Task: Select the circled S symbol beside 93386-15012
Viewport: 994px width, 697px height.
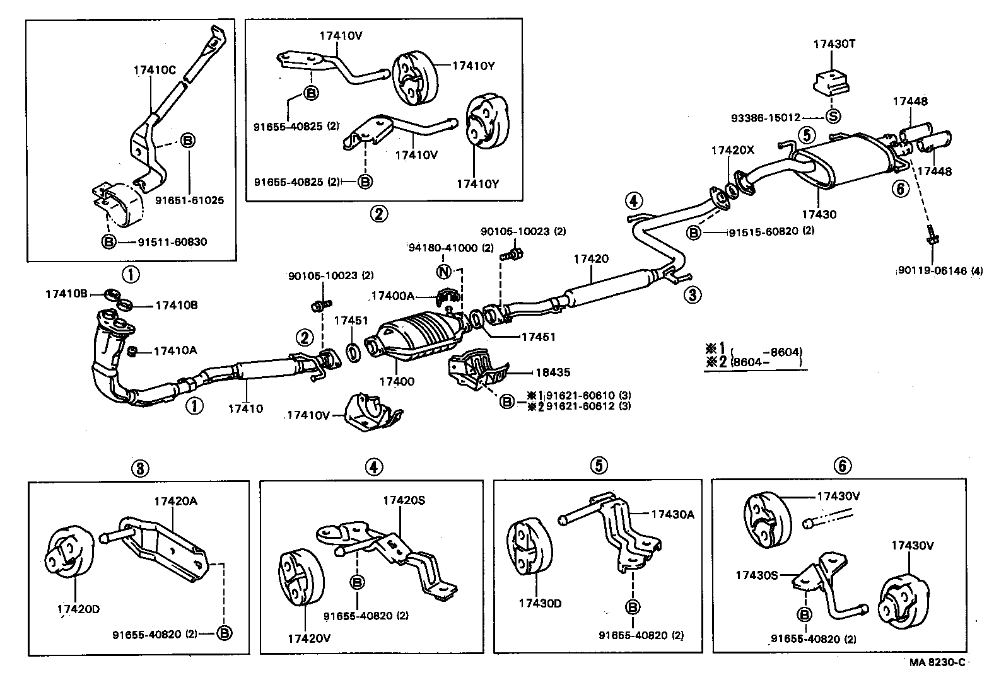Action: point(833,117)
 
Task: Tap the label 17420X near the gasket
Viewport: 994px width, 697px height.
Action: point(732,151)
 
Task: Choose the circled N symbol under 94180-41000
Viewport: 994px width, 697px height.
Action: point(444,272)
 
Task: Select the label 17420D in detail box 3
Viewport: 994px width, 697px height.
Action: point(78,609)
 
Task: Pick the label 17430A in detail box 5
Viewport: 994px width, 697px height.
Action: point(672,514)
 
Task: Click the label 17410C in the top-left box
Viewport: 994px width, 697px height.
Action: point(155,70)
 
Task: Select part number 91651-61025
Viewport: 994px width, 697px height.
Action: point(189,200)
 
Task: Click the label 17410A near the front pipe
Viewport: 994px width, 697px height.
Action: point(175,351)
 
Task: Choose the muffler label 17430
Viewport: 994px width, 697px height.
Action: point(819,214)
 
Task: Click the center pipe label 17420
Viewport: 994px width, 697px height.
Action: point(591,259)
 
